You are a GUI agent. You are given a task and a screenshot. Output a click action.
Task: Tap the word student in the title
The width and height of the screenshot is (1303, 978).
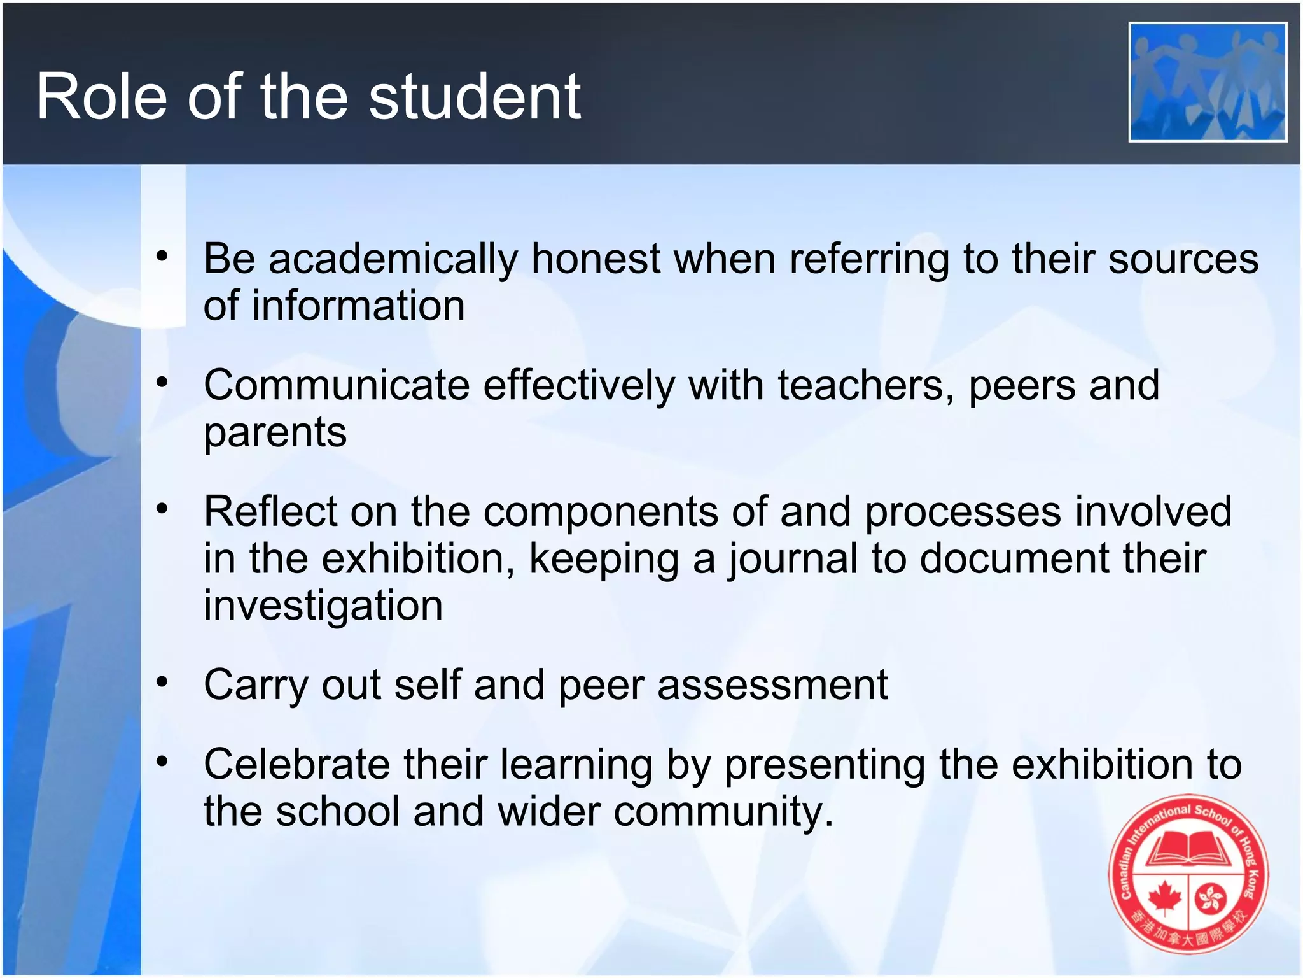point(475,97)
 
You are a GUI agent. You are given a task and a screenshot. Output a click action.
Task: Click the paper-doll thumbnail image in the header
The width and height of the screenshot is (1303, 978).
point(1207,81)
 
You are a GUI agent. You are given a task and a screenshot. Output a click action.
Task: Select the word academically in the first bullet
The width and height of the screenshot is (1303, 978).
point(393,260)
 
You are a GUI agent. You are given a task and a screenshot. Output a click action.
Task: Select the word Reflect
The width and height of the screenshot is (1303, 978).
point(270,511)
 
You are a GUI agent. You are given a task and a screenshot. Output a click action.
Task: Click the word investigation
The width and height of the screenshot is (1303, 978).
point(323,606)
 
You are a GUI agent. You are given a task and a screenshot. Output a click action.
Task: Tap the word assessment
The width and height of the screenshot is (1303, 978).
point(772,685)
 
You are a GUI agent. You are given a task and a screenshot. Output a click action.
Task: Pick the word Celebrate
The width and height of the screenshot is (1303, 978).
point(296,764)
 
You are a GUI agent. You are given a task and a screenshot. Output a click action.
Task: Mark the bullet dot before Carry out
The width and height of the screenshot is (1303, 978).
point(162,682)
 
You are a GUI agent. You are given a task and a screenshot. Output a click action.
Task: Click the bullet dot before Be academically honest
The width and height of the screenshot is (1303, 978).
point(162,256)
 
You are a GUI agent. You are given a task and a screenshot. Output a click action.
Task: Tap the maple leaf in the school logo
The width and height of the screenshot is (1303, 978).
point(1164,897)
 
